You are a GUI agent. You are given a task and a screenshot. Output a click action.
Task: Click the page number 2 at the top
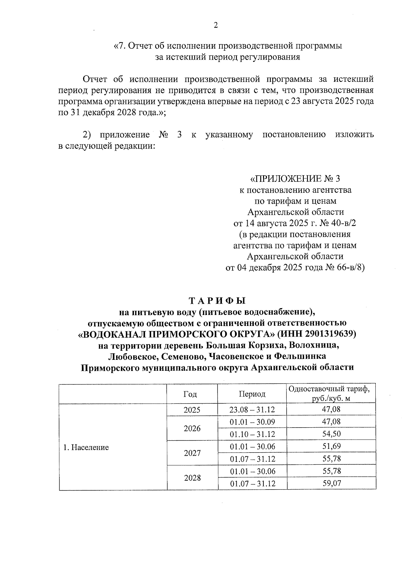click(215, 25)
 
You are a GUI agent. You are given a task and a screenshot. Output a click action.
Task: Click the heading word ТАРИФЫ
click(217, 301)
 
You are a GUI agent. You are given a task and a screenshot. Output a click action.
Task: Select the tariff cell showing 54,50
click(331, 434)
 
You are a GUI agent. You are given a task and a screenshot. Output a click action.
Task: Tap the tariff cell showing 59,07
click(331, 483)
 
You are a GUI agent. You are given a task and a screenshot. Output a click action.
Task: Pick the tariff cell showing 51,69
click(331, 446)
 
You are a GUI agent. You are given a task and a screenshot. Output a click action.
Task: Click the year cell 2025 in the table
click(192, 410)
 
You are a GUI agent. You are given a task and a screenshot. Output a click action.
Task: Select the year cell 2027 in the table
click(192, 453)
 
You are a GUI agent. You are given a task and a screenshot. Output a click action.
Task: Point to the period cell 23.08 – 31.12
click(252, 410)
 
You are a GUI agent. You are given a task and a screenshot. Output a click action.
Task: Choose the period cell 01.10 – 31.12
click(252, 434)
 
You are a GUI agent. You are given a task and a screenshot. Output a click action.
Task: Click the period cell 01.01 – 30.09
click(252, 422)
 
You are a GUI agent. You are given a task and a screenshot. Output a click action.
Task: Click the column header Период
click(252, 394)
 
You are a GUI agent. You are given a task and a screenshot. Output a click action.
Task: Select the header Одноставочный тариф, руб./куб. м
click(331, 394)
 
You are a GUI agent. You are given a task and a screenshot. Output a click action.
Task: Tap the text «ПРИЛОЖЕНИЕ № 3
click(295, 179)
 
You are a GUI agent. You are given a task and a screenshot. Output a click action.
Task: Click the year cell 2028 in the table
click(192, 478)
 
